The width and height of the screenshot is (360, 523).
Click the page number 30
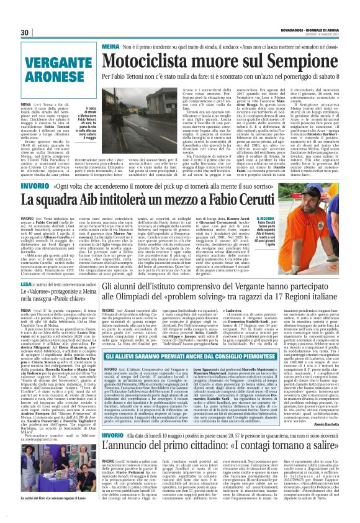tap(25, 33)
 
